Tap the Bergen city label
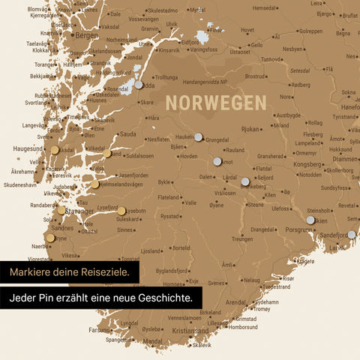coord(87,35)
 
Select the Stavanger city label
coord(78,211)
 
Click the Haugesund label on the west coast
coord(28,148)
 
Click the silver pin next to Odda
coord(138,85)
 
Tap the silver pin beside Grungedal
coord(198,137)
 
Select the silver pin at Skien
coord(310,220)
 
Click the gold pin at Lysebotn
coord(121,211)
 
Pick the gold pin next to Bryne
coord(50,238)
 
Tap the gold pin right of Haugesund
coord(55,150)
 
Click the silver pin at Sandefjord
coord(351,235)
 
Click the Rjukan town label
coord(249,129)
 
